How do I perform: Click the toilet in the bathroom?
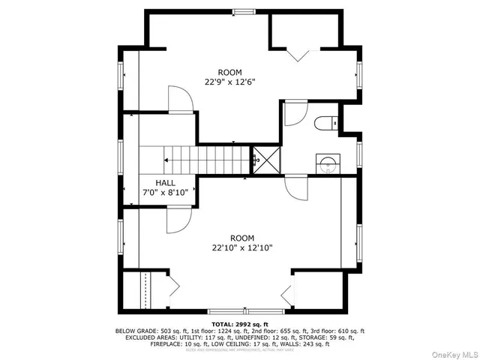(x=323, y=124)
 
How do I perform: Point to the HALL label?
(x=166, y=183)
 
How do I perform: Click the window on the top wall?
(x=242, y=11)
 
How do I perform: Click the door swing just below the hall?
(x=179, y=219)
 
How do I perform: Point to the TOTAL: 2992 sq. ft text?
(x=239, y=323)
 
